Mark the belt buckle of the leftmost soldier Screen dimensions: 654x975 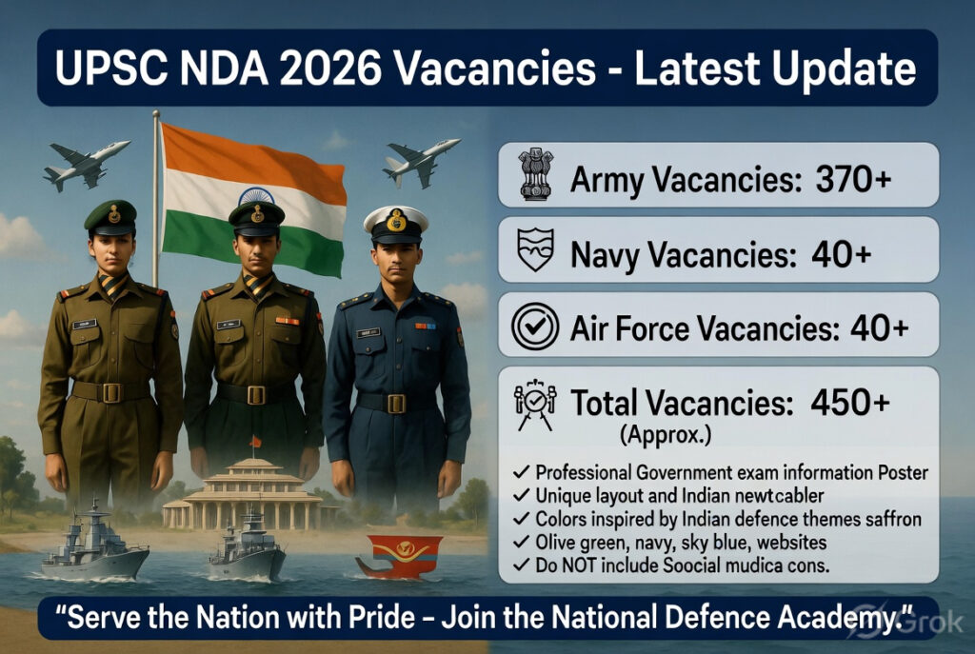(x=111, y=392)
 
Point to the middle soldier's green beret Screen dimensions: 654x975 (x=255, y=214)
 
